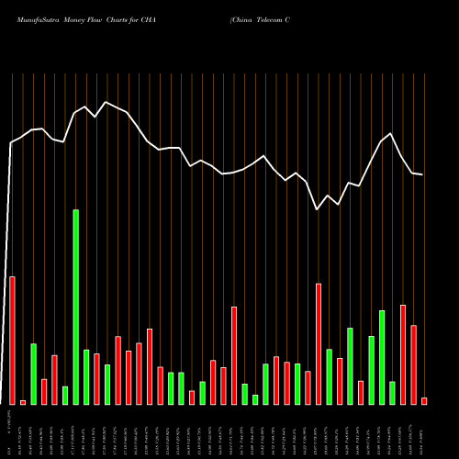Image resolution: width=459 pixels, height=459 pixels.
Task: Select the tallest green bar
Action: point(75,307)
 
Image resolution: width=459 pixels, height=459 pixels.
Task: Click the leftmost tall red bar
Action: point(12,340)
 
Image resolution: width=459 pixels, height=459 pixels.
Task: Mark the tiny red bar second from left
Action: point(23,402)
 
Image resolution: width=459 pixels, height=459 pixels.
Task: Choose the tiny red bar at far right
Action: point(424,400)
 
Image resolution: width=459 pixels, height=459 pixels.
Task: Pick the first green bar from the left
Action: point(33,374)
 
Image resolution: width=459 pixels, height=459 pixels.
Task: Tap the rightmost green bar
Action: point(392,393)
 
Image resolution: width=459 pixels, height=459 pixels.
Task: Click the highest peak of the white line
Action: point(106,101)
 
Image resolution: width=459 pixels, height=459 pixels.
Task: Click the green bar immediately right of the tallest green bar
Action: point(86,376)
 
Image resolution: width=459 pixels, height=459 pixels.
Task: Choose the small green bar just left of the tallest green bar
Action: point(65,395)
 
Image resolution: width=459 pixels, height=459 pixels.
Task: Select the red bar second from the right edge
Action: point(413,364)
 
